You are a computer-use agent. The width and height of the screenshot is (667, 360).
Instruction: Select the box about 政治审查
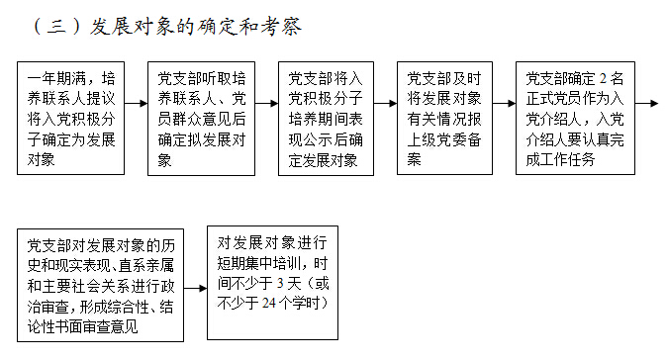[105, 283]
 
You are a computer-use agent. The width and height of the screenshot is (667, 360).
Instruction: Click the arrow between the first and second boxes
[137, 102]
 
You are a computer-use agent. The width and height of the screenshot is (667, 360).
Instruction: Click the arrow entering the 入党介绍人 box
[505, 102]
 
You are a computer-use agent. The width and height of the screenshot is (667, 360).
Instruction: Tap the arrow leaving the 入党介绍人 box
[646, 102]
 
